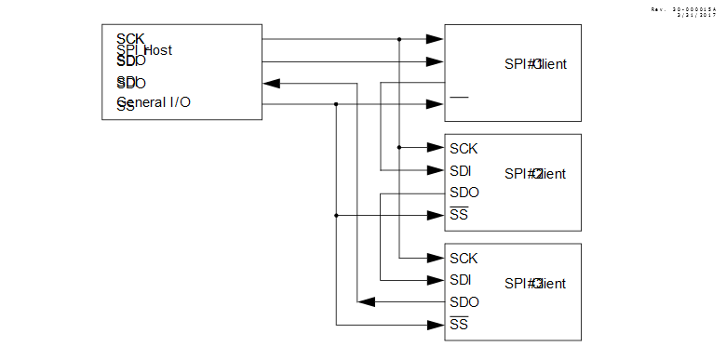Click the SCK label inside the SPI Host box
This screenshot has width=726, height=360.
tap(130, 39)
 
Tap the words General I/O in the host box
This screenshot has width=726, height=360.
tap(155, 101)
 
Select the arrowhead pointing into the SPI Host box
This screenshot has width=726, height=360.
tap(272, 83)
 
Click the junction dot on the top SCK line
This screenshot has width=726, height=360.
tap(399, 39)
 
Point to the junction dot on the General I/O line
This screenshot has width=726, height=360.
tap(336, 104)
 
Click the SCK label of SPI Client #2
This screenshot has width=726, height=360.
tap(464, 148)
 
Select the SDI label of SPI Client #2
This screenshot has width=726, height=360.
tap(461, 170)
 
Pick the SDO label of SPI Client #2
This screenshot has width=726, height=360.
tap(464, 193)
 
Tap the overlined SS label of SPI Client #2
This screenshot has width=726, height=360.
tap(459, 215)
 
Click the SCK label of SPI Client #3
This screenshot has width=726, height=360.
tap(464, 258)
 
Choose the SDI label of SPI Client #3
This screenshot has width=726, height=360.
tap(461, 280)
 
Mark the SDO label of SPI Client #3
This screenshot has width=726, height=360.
tap(464, 302)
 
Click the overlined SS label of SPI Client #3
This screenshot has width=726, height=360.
tap(459, 325)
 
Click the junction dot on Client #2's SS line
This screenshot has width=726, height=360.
tap(336, 215)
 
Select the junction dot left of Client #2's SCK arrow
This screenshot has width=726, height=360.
tap(399, 148)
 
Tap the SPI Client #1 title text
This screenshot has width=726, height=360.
tap(535, 64)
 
